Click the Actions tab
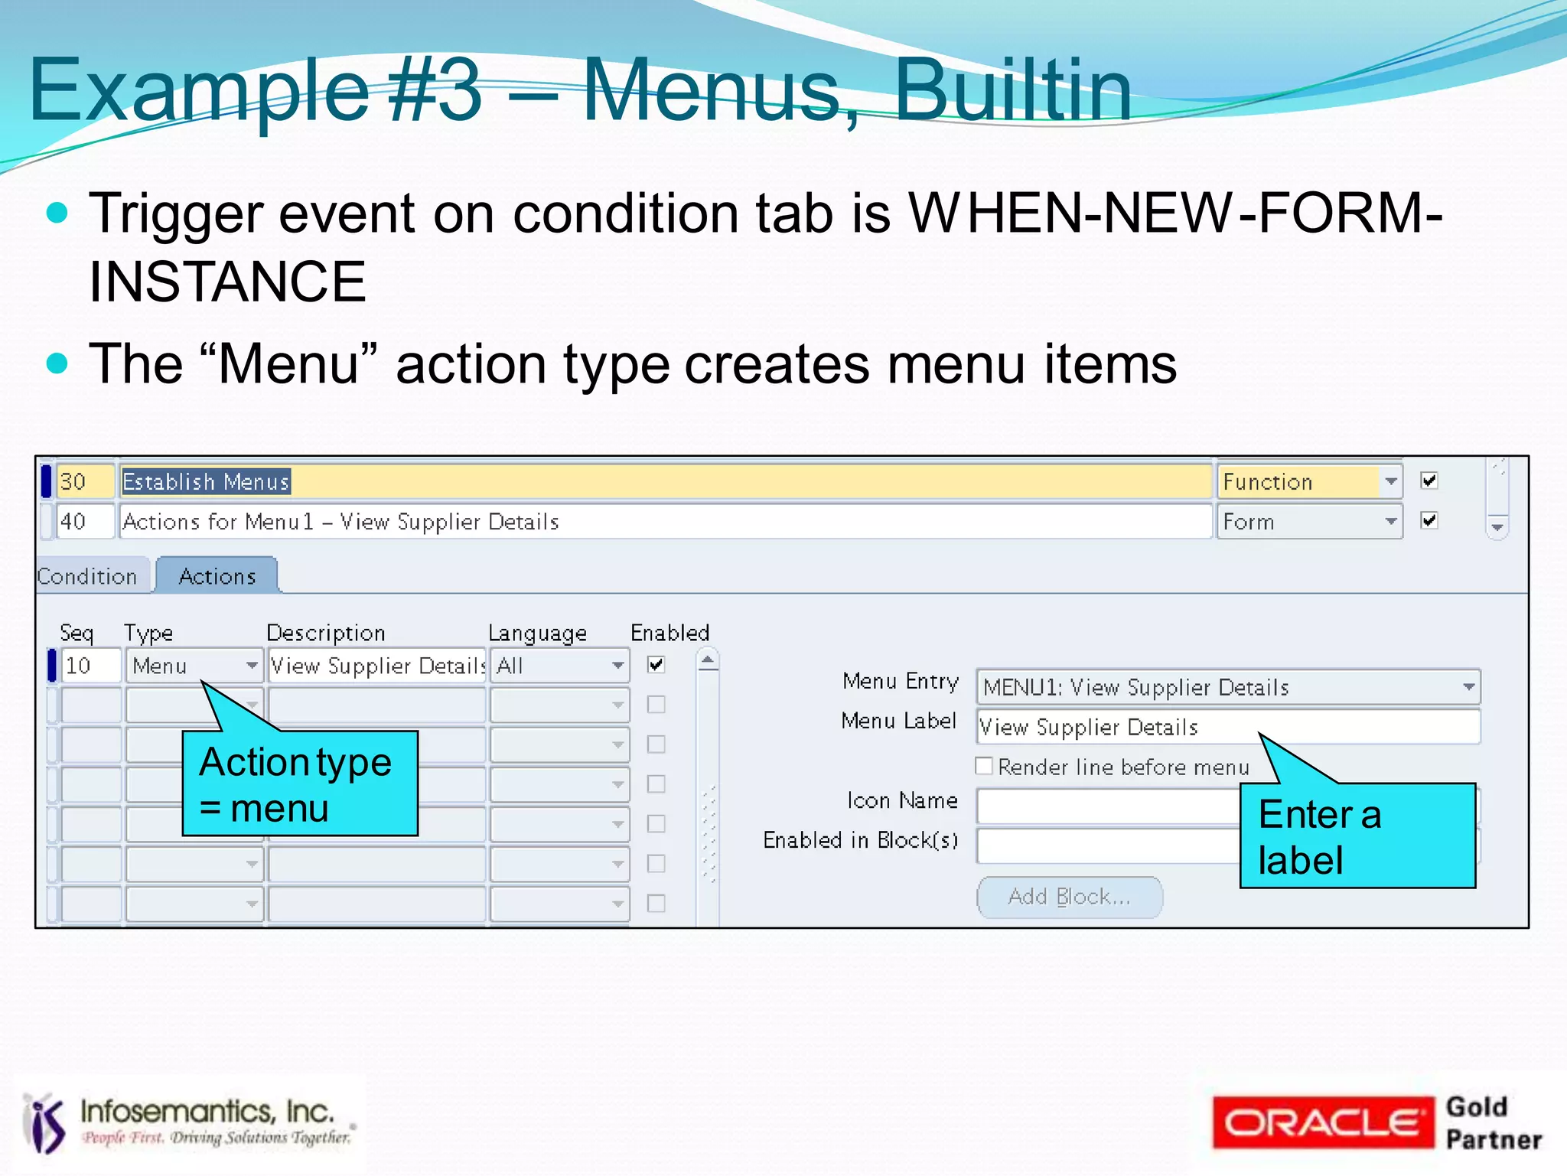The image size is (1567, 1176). tap(217, 576)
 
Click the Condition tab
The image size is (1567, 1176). tap(88, 576)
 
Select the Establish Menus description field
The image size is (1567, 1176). tap(666, 482)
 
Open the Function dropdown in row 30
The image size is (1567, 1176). tap(1390, 482)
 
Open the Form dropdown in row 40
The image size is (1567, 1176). tap(1390, 522)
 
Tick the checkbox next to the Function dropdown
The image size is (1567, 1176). tap(1429, 480)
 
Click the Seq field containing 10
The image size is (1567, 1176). tap(91, 666)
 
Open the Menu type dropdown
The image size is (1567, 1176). tap(251, 666)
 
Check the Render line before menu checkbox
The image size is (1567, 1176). tap(985, 766)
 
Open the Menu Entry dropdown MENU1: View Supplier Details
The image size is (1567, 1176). tap(1468, 687)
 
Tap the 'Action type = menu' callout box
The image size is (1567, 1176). tap(300, 783)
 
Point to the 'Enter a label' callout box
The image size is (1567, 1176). tap(1357, 836)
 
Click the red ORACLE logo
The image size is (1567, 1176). tap(1322, 1122)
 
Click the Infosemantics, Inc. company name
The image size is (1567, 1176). tap(207, 1111)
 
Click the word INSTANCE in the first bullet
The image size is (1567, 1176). tap(227, 282)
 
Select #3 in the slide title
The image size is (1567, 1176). tap(435, 90)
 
